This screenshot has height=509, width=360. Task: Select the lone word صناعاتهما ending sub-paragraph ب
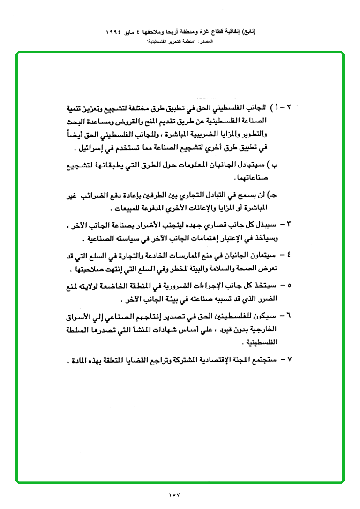tap(249, 179)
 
